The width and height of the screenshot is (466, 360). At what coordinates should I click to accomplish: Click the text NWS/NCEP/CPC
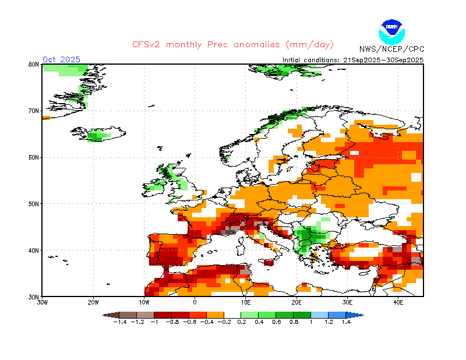(x=391, y=49)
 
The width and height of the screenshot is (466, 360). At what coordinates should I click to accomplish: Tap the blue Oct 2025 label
(x=61, y=59)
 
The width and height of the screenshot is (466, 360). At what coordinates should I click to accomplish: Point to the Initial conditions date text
(x=353, y=60)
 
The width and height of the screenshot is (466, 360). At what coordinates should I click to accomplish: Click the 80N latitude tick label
(x=34, y=64)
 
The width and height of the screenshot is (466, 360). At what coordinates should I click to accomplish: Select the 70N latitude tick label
(x=34, y=111)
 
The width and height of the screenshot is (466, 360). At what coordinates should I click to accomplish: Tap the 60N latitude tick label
(x=34, y=157)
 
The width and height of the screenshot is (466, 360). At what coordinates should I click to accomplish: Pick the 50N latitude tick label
(x=34, y=204)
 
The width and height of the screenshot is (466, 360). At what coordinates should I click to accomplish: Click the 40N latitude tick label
(x=34, y=250)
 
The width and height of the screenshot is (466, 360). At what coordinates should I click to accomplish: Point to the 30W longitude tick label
(x=42, y=302)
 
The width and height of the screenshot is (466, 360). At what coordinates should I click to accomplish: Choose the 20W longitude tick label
(x=93, y=302)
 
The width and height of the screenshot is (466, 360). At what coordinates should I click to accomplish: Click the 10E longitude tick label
(x=245, y=302)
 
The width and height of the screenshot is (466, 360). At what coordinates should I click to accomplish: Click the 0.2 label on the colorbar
(x=241, y=321)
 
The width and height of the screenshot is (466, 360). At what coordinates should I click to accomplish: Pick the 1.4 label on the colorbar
(x=345, y=321)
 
